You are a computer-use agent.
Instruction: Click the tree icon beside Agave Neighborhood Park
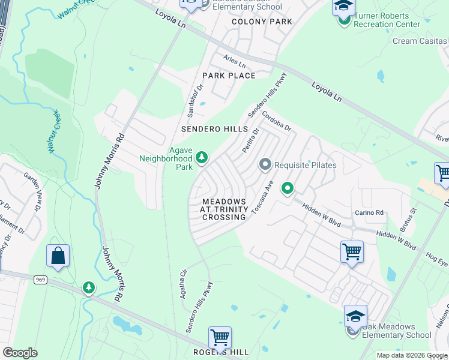(x=202, y=158)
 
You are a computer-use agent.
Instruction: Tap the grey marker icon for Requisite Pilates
(x=265, y=164)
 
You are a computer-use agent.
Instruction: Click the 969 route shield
(x=41, y=279)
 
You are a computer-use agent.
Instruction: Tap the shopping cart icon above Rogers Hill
(x=220, y=337)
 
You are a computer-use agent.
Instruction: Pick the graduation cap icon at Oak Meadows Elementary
(x=355, y=315)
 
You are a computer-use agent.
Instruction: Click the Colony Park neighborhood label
(x=262, y=22)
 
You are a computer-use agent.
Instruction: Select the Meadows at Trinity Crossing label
(x=224, y=209)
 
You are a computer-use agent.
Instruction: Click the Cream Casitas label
(x=420, y=41)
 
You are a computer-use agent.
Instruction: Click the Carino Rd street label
(x=369, y=212)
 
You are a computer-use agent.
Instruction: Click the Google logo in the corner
(x=20, y=352)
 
